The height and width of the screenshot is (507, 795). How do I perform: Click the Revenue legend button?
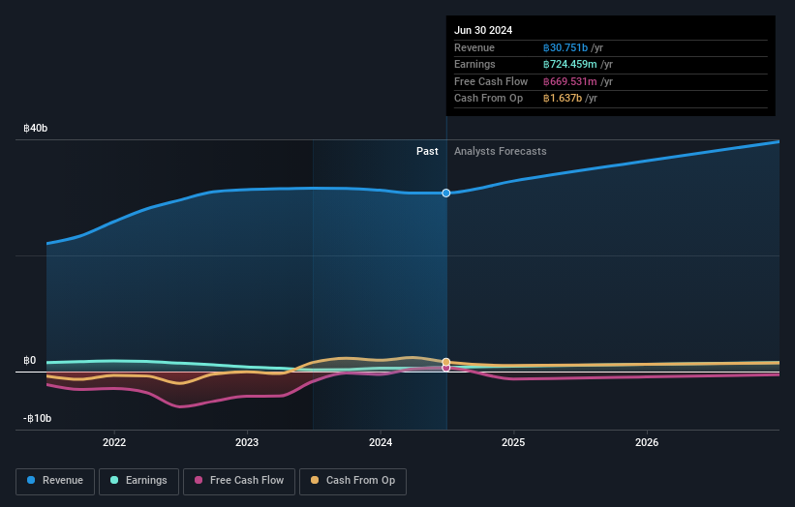point(56,480)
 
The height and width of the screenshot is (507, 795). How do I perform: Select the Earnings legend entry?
point(139,480)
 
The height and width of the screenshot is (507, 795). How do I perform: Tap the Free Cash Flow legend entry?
point(238,480)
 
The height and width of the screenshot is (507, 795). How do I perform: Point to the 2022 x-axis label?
point(114,442)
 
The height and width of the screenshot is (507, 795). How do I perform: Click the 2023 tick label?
point(247,442)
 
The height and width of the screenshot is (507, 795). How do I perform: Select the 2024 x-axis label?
point(381,442)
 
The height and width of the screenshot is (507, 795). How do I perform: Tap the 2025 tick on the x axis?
point(513,442)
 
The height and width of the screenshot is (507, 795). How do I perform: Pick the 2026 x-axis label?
point(647,442)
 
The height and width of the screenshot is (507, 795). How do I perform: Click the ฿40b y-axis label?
point(36,128)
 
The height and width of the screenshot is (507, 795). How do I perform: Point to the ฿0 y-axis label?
point(30,361)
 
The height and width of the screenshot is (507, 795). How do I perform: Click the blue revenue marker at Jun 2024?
point(446,193)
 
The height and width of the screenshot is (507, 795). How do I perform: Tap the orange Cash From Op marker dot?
point(446,362)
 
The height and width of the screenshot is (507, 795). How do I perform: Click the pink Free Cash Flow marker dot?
point(446,368)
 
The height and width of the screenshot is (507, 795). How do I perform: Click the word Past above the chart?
point(427,151)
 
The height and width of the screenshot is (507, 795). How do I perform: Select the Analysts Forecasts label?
point(500,151)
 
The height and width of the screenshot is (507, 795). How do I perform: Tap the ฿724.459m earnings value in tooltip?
point(570,65)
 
